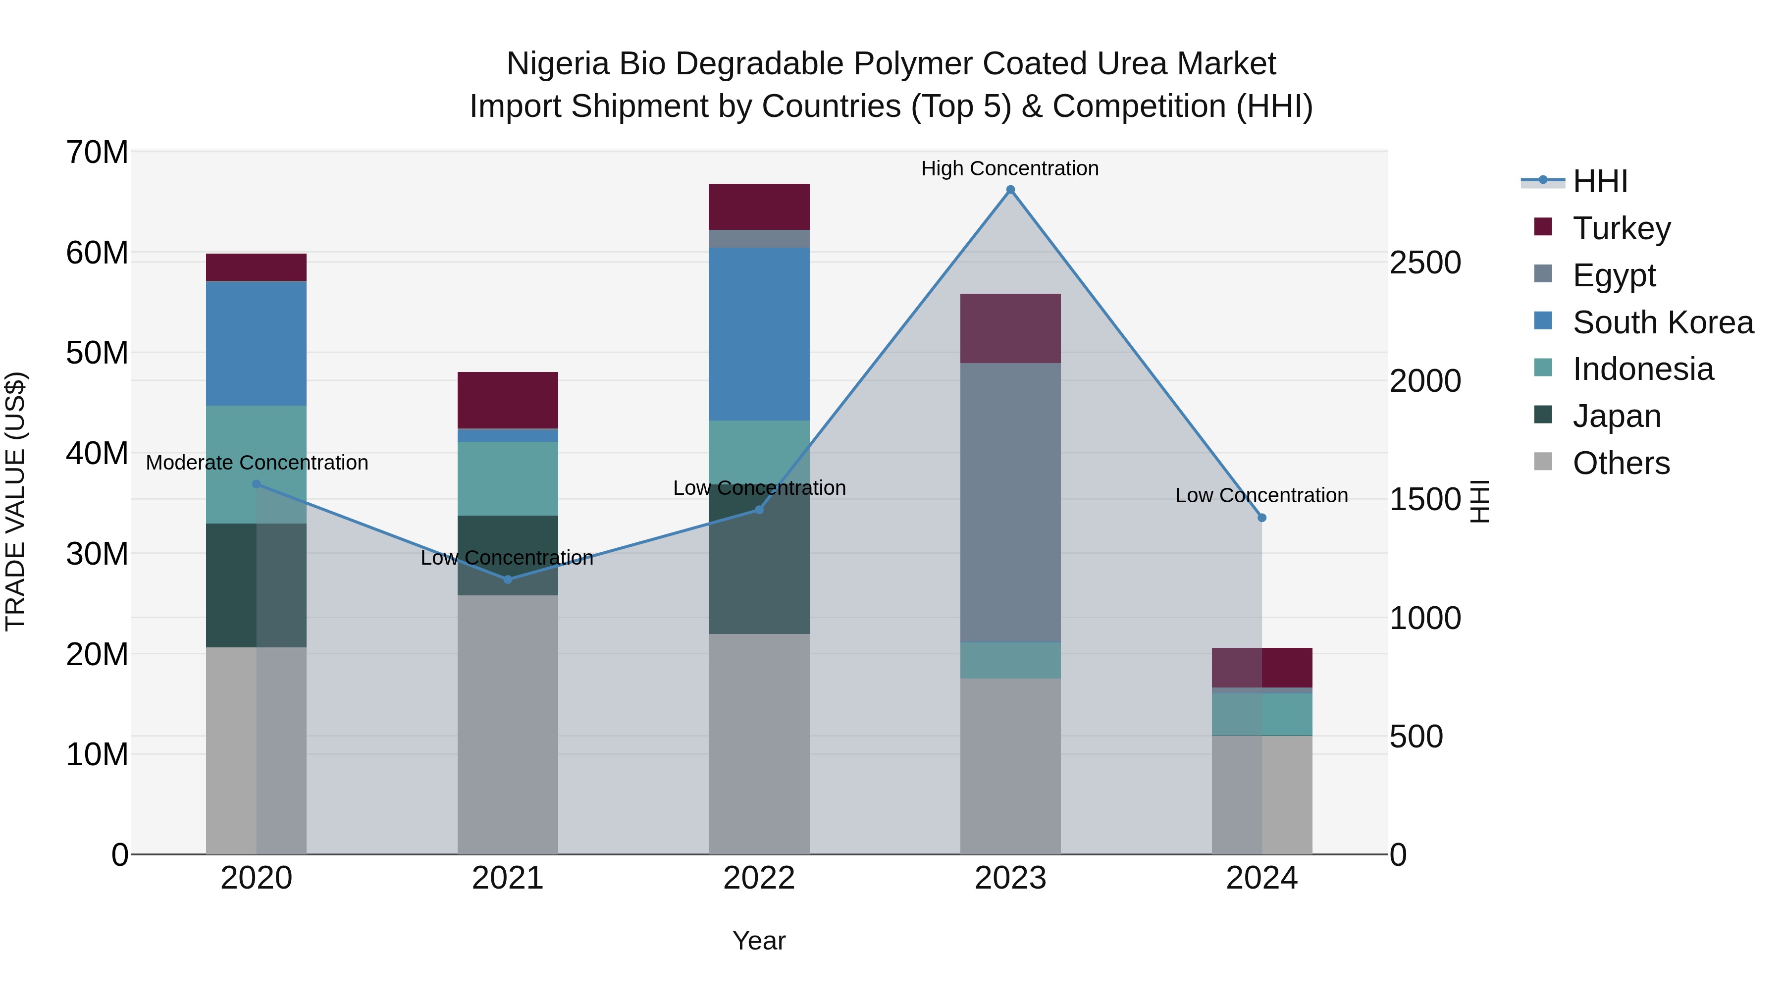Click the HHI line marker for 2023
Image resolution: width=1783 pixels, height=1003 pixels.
(x=1010, y=190)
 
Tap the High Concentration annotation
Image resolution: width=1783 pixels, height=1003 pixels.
(x=1009, y=168)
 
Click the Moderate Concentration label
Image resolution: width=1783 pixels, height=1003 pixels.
(x=257, y=463)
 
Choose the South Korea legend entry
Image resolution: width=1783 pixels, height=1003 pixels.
(x=1663, y=322)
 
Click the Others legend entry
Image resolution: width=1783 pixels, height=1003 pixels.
(x=1621, y=463)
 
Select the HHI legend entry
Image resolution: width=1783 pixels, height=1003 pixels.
(x=1600, y=181)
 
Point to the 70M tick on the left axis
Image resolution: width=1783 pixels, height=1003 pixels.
(x=97, y=152)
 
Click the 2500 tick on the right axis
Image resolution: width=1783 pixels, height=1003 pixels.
(x=1425, y=263)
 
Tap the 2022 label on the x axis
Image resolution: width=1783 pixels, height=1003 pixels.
(x=759, y=878)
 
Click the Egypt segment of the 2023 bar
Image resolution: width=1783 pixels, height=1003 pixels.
(x=1010, y=502)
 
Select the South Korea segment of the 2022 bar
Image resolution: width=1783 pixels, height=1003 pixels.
(x=759, y=334)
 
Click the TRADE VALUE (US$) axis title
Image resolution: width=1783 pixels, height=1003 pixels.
(x=15, y=501)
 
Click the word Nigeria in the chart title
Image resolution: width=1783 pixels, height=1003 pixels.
(x=557, y=64)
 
